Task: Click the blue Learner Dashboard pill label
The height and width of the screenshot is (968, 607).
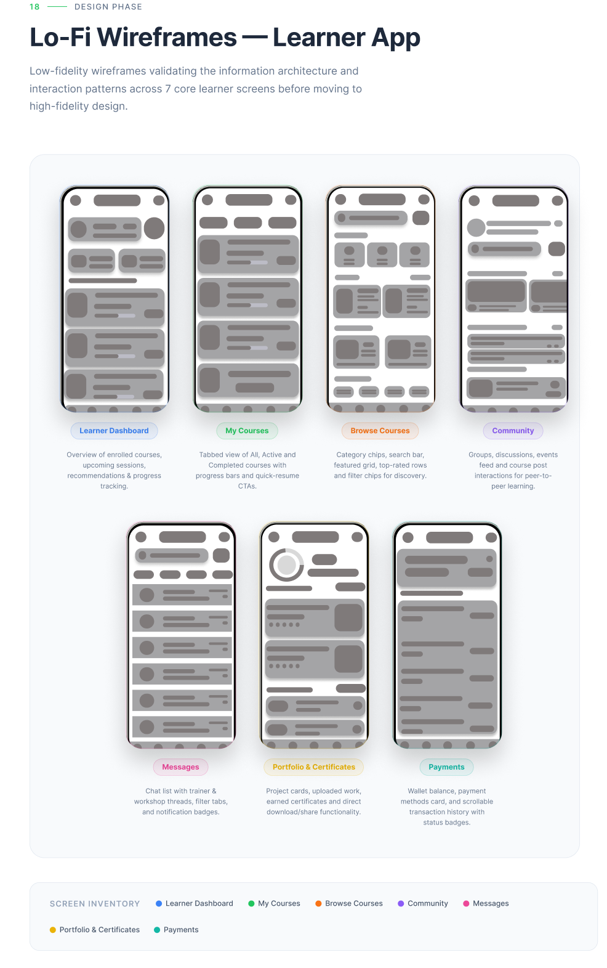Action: pos(114,431)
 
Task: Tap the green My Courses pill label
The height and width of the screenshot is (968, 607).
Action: pos(247,431)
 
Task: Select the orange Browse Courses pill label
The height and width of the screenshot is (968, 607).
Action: pos(380,431)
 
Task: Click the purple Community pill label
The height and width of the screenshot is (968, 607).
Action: pos(513,431)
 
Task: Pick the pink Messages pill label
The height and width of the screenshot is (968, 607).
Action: pos(180,767)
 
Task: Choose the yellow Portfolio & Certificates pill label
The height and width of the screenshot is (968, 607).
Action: pos(314,767)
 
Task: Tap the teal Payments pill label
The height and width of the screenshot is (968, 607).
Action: pos(446,767)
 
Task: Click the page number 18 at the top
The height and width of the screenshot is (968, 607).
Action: pos(34,7)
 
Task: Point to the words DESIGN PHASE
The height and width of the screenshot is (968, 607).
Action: pos(108,7)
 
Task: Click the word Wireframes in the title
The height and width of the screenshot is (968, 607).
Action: pos(167,37)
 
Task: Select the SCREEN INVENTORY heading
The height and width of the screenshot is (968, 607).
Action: pos(95,904)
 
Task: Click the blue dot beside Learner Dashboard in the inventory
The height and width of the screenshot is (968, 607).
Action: pos(159,904)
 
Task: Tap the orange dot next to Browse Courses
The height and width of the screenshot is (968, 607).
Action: pos(318,904)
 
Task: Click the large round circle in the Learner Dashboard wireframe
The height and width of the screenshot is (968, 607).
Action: pos(154,228)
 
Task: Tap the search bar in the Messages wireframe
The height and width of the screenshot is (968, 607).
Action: pos(171,555)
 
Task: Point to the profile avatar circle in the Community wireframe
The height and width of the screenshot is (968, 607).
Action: pos(476,227)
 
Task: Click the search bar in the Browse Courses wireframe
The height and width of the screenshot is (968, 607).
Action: pos(371,218)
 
